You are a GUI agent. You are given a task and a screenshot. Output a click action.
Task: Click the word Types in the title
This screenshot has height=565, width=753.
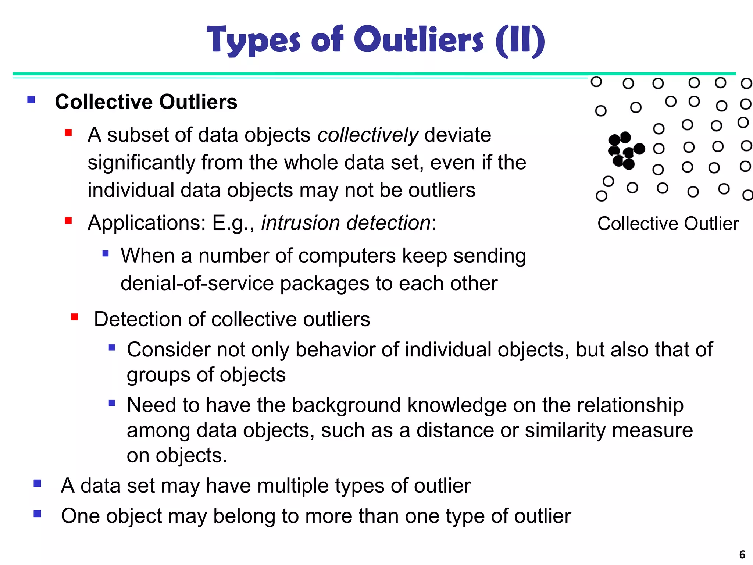[x=254, y=40]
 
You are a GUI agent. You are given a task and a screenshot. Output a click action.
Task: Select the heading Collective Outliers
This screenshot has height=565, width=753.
[x=146, y=102]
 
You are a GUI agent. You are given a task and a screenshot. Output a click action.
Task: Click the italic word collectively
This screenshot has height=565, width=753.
[x=368, y=135]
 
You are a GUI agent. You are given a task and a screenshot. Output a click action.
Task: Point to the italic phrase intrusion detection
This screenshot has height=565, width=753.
[x=346, y=223]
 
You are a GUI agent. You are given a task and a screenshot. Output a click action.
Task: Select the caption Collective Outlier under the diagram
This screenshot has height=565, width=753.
[x=668, y=224]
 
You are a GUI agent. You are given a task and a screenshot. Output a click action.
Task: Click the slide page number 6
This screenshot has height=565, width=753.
[x=742, y=554]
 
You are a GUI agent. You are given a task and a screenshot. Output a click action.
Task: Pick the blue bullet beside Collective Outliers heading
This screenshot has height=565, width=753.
[x=31, y=100]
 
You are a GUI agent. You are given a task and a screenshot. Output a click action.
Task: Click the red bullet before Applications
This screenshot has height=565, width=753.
[x=68, y=221]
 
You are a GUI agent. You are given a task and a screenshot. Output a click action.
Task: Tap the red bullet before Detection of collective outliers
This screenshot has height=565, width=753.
[x=75, y=317]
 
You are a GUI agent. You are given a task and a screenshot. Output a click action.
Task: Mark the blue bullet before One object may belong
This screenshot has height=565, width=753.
[x=37, y=514]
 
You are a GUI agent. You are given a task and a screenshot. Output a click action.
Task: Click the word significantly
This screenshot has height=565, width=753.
[x=141, y=163]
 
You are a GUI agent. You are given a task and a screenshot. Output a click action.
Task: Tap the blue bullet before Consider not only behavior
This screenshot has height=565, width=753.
[x=112, y=348]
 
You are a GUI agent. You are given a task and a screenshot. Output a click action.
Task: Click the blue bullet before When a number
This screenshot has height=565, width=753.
[x=106, y=253]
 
